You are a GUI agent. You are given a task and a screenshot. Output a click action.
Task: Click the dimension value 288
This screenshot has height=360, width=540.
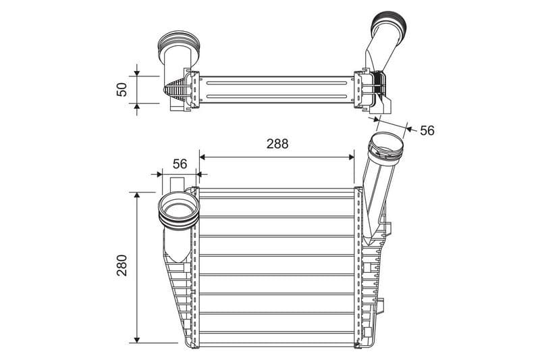pyautogui.click(x=277, y=144)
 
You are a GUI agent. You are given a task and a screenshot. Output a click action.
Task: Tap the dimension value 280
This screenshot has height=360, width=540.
pyautogui.click(x=122, y=265)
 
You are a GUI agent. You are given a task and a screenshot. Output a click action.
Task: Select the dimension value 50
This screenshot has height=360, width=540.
pyautogui.click(x=122, y=90)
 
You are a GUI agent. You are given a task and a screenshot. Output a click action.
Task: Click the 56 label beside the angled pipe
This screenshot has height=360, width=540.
pyautogui.click(x=427, y=130)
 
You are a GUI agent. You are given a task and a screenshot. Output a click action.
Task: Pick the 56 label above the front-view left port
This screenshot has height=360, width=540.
pyautogui.click(x=180, y=164)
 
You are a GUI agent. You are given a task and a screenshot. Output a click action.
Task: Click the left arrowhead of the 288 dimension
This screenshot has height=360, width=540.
pyautogui.click(x=202, y=157)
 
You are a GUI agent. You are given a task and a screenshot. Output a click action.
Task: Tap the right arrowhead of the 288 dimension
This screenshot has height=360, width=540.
pyautogui.click(x=351, y=157)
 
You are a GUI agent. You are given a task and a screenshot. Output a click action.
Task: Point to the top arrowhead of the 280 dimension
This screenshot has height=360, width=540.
pyautogui.click(x=137, y=195)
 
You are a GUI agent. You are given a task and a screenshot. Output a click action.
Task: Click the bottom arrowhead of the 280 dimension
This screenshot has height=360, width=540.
pyautogui.click(x=137, y=340)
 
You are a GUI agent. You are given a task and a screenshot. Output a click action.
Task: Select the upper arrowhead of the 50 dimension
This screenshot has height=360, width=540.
pyautogui.click(x=137, y=73)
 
